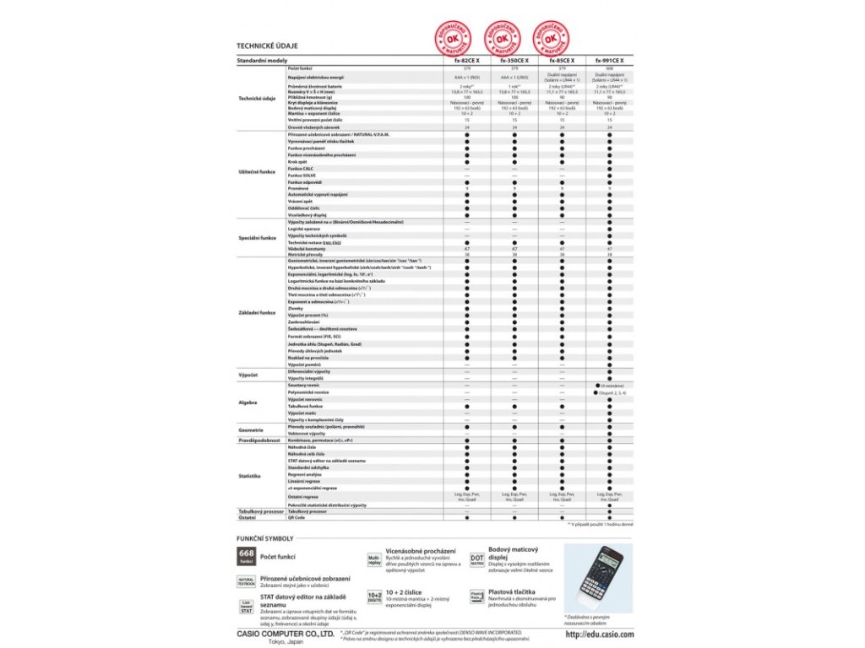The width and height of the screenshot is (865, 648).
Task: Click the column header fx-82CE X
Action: pos(466,61)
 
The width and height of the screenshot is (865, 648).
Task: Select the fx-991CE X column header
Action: pos(609,61)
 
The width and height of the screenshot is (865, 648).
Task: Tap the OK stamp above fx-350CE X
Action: pos(502,39)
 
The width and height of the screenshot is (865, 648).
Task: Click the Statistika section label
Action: pos(249,477)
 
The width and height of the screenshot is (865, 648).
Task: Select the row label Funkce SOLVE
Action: pos(302,175)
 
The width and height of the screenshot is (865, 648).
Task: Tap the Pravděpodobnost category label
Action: pos(259,440)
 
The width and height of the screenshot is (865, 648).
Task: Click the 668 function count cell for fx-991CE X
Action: pos(609,68)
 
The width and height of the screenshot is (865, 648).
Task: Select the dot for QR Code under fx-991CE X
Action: pos(609,517)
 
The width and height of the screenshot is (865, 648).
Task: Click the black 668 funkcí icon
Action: pos(246,557)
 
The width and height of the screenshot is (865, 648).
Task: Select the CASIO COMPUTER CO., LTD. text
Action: pos(283,632)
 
